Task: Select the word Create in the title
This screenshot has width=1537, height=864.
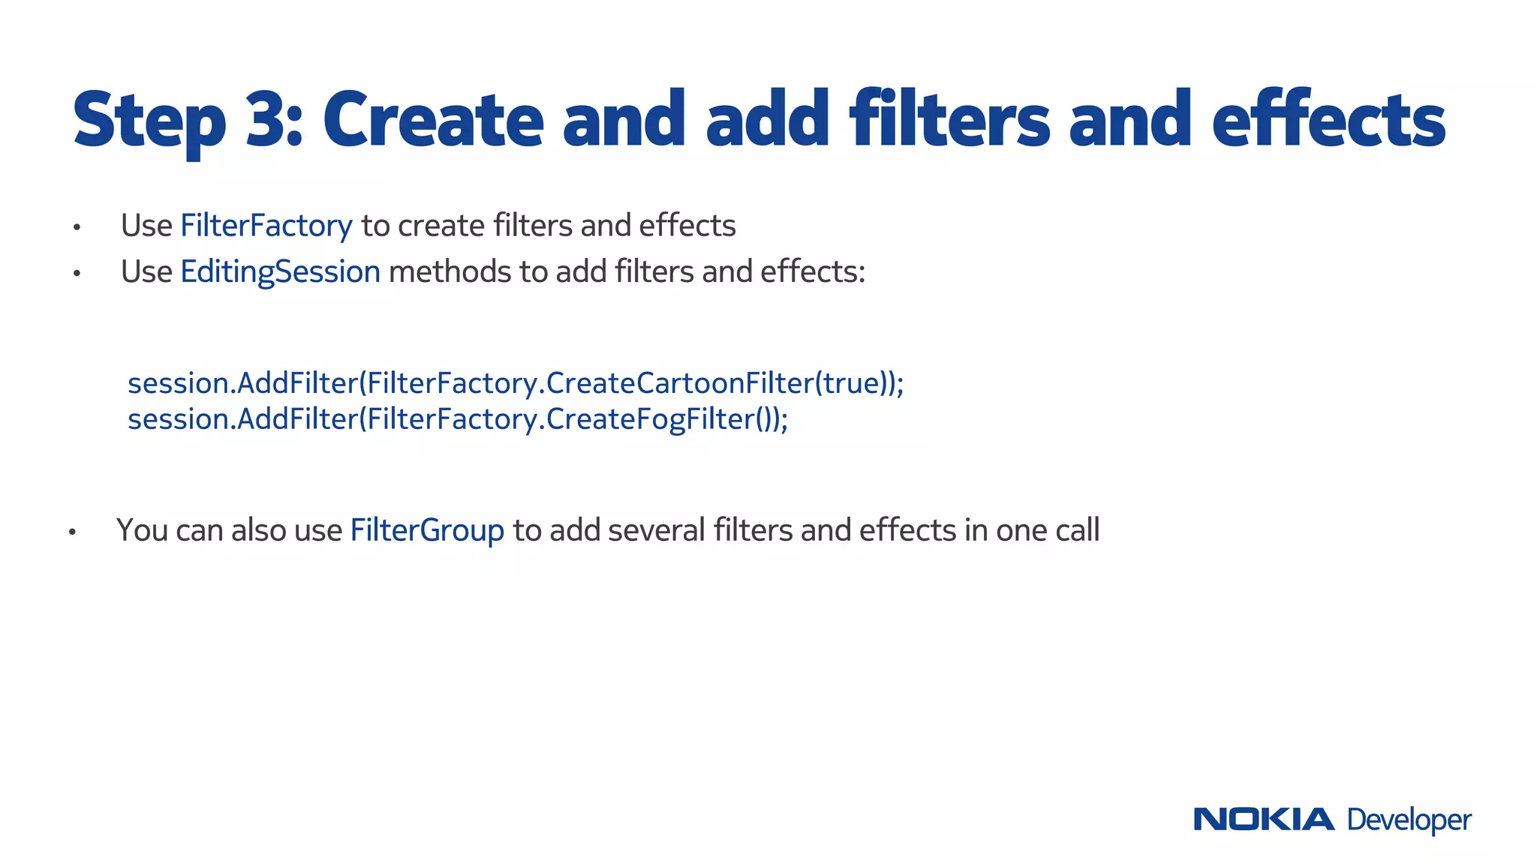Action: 433,120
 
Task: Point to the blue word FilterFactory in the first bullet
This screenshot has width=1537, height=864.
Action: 266,226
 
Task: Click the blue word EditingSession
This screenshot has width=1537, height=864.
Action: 280,271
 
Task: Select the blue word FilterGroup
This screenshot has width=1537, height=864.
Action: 427,530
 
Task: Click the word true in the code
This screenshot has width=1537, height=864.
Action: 852,383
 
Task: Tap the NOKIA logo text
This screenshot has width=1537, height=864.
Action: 1263,819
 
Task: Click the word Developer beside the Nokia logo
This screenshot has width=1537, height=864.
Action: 1409,820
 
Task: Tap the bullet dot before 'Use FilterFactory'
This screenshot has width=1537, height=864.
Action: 77,227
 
